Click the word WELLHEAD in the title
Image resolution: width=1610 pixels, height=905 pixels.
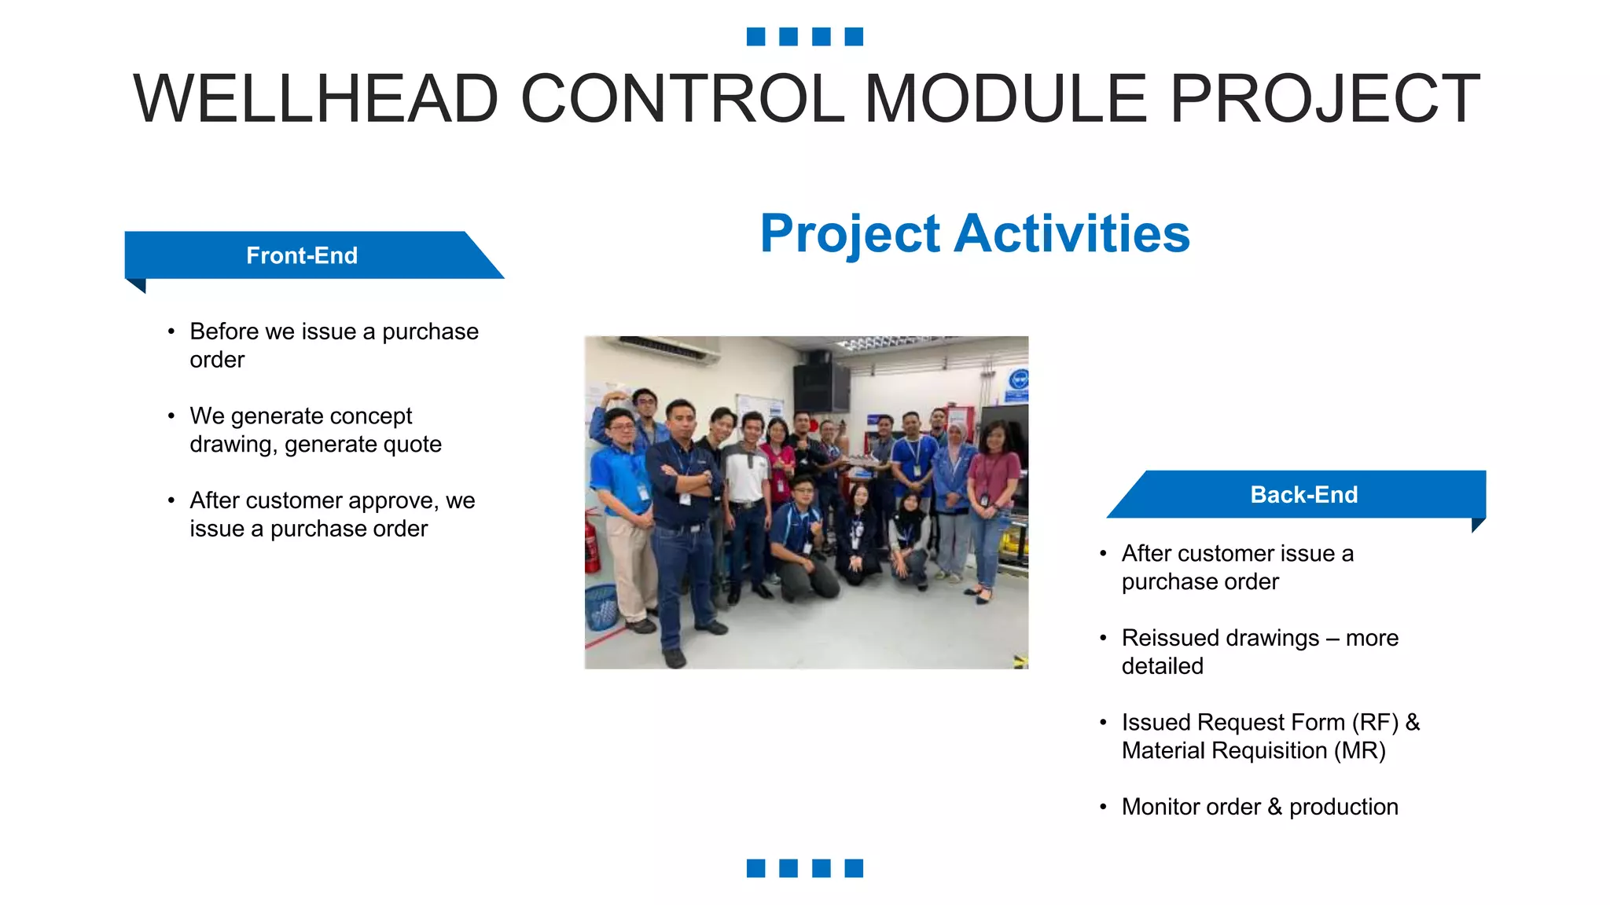(x=316, y=99)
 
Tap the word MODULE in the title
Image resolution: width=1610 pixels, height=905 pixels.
(x=1006, y=99)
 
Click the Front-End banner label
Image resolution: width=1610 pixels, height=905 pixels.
(x=302, y=255)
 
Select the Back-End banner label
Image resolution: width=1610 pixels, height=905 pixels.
(x=1303, y=494)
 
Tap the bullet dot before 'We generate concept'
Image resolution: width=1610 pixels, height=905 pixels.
(x=171, y=416)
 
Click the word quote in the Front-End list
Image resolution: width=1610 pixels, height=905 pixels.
(x=412, y=445)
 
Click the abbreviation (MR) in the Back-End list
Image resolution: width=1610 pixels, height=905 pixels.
(x=1359, y=750)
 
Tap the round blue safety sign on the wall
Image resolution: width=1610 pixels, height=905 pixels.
(x=1018, y=380)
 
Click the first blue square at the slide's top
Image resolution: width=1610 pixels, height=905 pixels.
(x=755, y=36)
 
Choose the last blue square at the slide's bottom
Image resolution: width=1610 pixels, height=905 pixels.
(x=854, y=867)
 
